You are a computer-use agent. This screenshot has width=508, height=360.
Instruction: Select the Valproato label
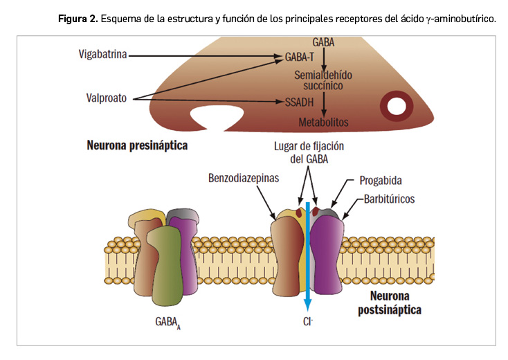(x=102, y=98)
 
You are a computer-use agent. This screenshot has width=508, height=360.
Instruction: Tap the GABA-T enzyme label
(x=299, y=56)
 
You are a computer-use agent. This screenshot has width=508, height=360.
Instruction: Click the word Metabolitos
(x=323, y=123)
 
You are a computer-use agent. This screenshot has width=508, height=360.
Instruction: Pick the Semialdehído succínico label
(x=323, y=80)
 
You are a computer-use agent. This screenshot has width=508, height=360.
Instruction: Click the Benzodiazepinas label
(x=243, y=178)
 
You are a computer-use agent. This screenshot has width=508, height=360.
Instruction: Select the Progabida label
(x=381, y=181)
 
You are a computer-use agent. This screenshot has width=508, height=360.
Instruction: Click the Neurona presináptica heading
(x=137, y=146)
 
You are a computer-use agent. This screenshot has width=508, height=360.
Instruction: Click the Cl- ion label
(x=309, y=322)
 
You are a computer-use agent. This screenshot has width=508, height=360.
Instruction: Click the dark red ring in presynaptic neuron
(x=397, y=106)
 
